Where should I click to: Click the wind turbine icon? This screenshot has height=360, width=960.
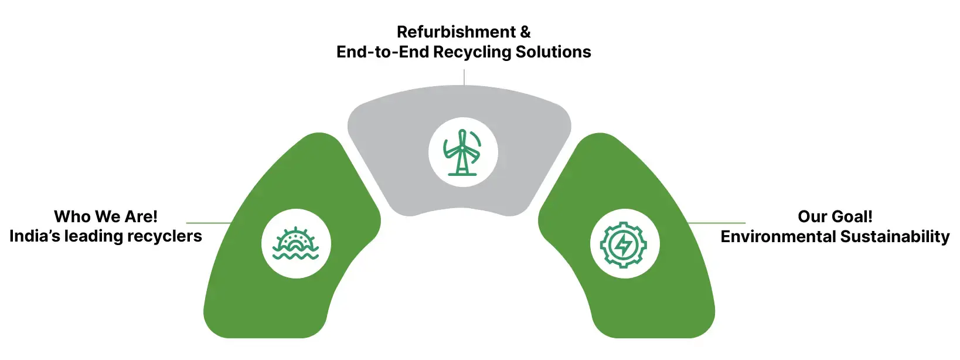[462, 152]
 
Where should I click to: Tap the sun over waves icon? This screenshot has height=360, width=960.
[296, 243]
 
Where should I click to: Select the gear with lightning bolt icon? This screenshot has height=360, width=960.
[624, 244]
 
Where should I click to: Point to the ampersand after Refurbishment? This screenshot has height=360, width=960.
[525, 32]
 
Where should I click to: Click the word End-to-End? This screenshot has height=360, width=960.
[382, 52]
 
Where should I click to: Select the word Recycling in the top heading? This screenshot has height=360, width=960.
[472, 52]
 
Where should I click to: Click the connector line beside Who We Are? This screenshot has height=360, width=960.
[208, 223]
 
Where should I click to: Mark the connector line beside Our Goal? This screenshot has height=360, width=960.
[717, 223]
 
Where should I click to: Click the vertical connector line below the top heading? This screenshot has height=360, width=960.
[464, 77]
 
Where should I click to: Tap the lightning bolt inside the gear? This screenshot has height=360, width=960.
[623, 245]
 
